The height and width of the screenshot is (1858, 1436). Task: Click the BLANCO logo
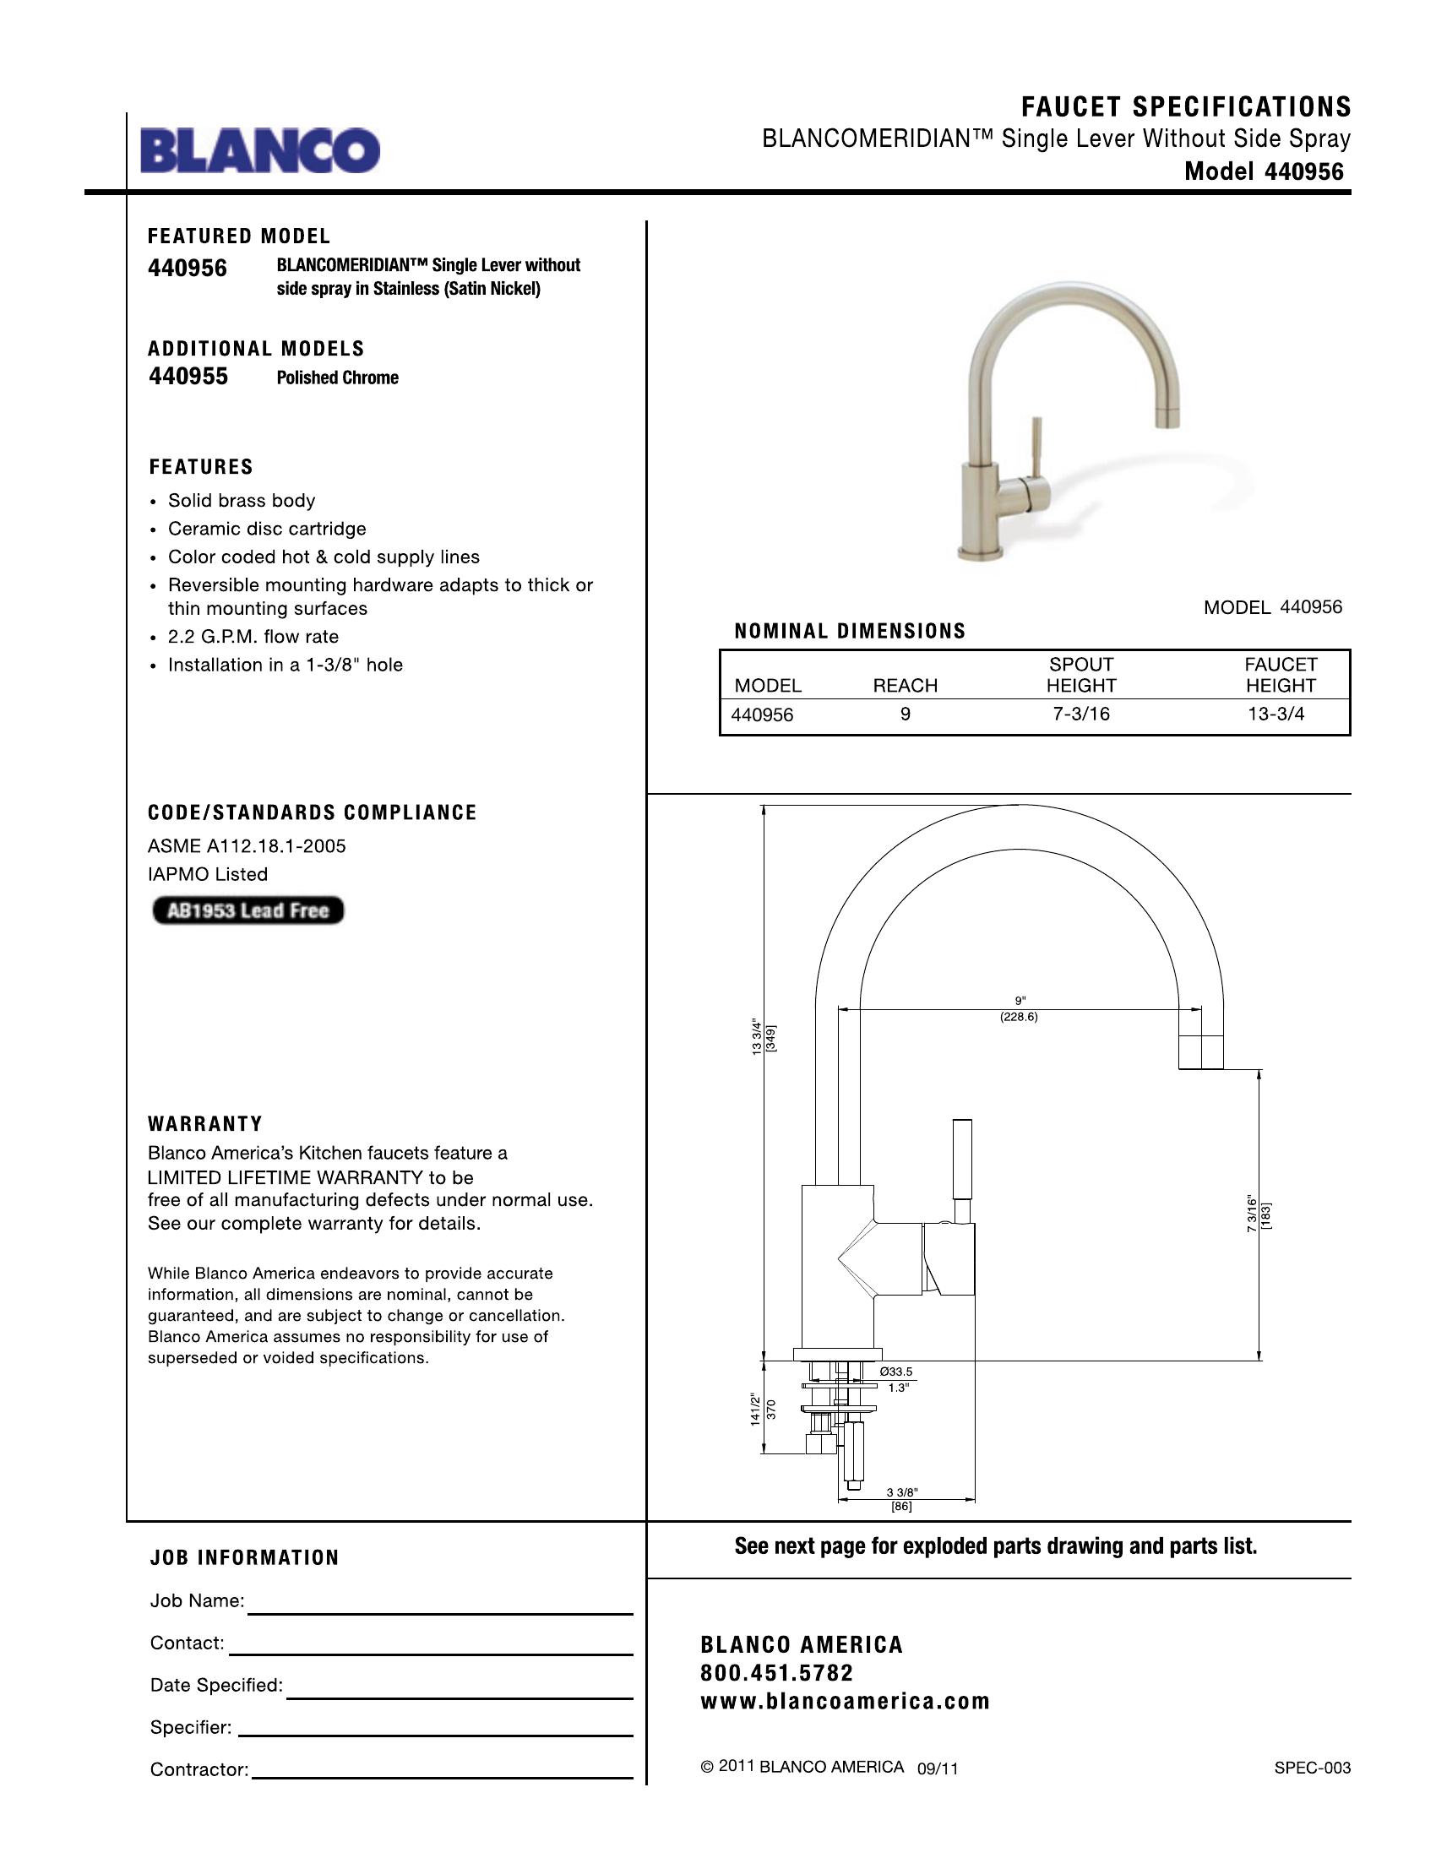[259, 150]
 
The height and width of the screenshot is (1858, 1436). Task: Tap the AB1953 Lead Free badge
[247, 910]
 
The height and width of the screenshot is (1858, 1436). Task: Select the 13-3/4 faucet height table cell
[1276, 714]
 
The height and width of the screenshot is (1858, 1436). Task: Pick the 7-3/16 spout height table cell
[1080, 714]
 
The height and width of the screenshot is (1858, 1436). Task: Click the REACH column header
[905, 686]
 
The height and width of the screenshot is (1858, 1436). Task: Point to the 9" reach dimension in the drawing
[1020, 1001]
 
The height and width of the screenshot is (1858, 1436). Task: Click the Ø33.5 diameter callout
[895, 1372]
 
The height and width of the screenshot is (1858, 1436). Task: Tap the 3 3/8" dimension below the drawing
[901, 1493]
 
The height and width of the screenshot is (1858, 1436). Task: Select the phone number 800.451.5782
[776, 1673]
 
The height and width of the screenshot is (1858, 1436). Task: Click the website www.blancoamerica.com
[845, 1703]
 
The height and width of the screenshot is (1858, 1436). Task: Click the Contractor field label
[199, 1769]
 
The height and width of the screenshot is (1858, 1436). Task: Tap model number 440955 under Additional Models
[188, 377]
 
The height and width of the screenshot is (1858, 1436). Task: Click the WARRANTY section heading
[205, 1124]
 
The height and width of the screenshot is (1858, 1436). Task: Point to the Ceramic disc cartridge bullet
[266, 530]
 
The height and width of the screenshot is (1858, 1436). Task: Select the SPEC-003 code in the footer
[1312, 1768]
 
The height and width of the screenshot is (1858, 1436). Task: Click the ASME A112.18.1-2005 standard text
[247, 846]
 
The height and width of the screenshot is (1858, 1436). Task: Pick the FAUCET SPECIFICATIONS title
[1185, 107]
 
